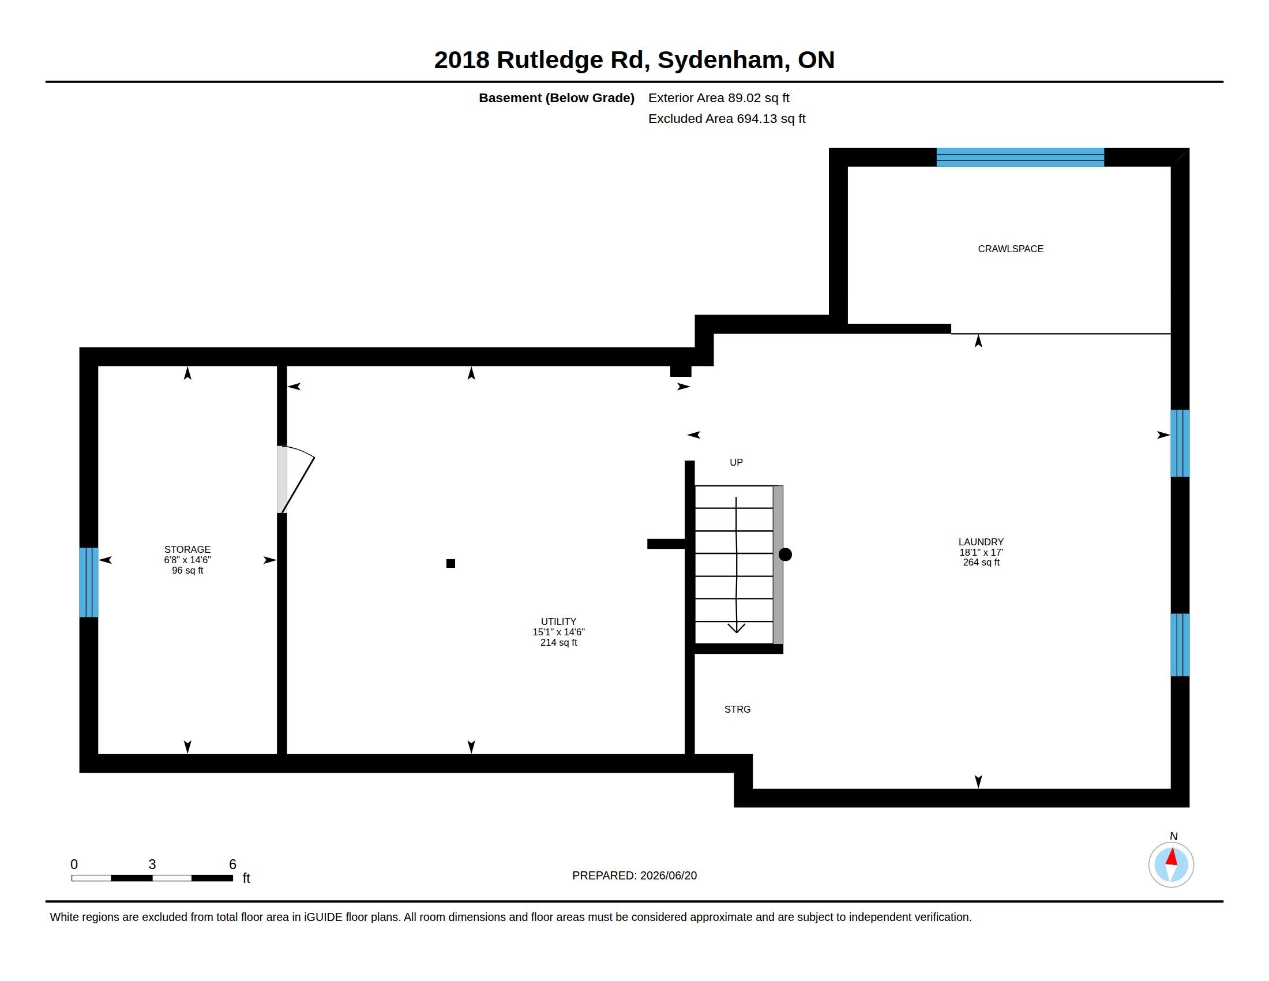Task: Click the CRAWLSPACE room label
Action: (1011, 249)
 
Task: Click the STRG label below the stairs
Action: (737, 709)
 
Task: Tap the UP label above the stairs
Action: (736, 462)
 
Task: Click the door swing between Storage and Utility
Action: (298, 479)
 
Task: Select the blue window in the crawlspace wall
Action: (1020, 158)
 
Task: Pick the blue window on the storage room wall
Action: (89, 582)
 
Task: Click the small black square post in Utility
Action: (450, 563)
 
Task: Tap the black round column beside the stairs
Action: (785, 555)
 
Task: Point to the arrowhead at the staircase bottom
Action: (736, 628)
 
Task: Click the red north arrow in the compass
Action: (1172, 856)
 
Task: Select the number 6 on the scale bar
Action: (232, 864)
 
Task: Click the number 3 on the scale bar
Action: (152, 864)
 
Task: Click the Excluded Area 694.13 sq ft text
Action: (727, 118)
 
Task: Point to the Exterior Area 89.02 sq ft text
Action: (719, 98)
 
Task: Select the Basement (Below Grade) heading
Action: (556, 98)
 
